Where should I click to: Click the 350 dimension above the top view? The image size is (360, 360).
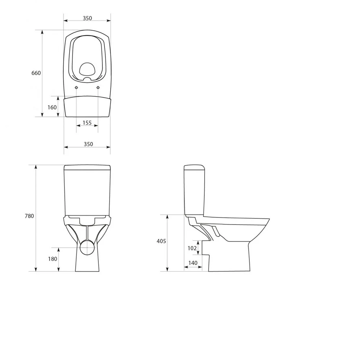coord(87,18)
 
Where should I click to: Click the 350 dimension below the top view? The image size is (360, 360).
coord(88,144)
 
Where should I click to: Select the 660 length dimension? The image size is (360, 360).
coord(36,73)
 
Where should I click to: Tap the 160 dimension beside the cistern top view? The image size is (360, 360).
coord(52,107)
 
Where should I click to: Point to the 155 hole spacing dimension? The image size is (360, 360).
coord(87,123)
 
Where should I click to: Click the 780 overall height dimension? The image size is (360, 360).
coord(29,216)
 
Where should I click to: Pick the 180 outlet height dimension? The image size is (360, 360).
coord(53,259)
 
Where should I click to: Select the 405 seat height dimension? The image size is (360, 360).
coord(161,241)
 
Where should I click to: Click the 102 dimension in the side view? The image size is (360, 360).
coord(192,248)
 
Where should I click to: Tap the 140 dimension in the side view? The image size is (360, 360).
coord(193,263)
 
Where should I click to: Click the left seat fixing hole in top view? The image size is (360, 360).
coord(76,88)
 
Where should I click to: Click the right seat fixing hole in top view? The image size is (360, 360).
coord(98,88)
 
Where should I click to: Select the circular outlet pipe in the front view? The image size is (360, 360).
coord(87,248)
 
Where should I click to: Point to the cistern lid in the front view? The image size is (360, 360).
coord(87,167)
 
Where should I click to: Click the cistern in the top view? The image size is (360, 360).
coord(87,107)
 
